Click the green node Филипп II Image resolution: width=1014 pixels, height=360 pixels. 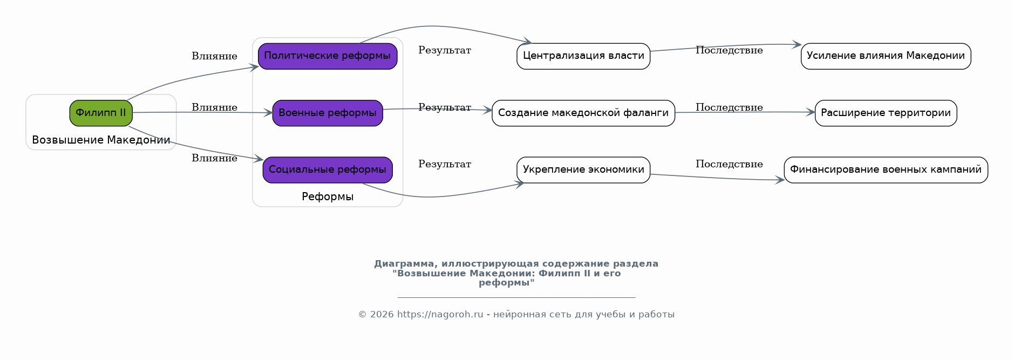click(x=101, y=113)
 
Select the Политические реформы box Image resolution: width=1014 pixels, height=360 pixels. click(x=328, y=56)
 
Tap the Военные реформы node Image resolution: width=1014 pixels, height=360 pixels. click(x=328, y=113)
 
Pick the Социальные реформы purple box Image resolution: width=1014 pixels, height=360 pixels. click(x=328, y=170)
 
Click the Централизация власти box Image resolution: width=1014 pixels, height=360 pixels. click(x=583, y=56)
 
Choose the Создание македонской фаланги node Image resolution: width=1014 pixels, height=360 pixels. click(x=583, y=113)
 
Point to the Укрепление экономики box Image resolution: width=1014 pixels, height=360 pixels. click(x=583, y=170)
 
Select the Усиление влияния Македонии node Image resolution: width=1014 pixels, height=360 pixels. click(x=886, y=56)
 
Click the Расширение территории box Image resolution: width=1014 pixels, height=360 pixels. click(x=886, y=113)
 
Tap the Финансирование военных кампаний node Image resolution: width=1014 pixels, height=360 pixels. click(x=886, y=170)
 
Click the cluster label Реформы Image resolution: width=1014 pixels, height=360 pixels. click(x=328, y=196)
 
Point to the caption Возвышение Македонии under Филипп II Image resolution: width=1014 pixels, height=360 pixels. click(x=101, y=140)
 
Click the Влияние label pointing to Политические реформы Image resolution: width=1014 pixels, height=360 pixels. click(x=214, y=56)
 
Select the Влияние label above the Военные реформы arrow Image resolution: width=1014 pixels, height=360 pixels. click(x=214, y=107)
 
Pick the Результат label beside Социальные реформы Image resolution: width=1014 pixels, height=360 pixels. click(x=445, y=164)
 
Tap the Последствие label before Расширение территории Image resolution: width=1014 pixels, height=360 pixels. click(x=729, y=107)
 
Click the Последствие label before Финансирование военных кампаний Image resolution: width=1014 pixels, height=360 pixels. click(x=729, y=164)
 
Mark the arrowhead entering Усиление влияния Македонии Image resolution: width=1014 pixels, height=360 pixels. click(x=797, y=45)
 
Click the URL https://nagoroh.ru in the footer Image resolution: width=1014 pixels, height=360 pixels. click(x=440, y=315)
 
